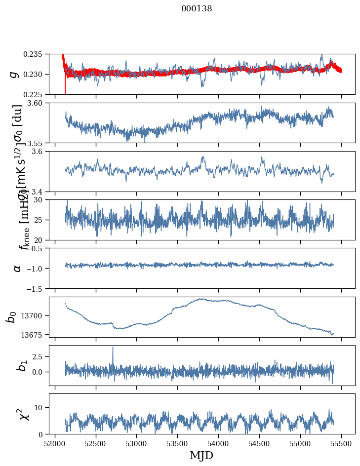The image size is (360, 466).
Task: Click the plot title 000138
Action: click(197, 9)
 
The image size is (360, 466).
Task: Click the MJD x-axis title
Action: click(201, 456)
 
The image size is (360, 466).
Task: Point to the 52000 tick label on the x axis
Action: click(55, 443)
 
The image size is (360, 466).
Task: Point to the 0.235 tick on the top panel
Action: click(35, 54)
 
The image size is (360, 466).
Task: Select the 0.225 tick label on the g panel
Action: click(35, 94)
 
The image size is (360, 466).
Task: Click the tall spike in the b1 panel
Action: click(113, 348)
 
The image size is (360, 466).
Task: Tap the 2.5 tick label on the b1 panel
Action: click(39, 356)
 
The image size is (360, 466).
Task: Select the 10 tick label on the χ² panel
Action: click(41, 407)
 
